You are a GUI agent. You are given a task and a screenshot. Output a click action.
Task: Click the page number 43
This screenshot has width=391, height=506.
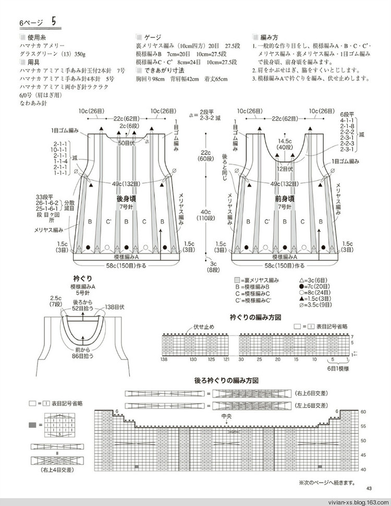(x=369, y=488)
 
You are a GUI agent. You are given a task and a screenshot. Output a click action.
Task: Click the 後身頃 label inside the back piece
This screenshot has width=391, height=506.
(x=127, y=199)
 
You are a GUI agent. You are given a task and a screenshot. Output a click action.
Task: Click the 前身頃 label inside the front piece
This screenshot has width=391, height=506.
(x=285, y=199)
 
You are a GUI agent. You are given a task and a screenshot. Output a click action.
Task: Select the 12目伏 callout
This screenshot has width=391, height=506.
(x=285, y=169)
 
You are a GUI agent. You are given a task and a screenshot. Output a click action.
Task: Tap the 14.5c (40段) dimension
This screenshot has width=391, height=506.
(x=285, y=144)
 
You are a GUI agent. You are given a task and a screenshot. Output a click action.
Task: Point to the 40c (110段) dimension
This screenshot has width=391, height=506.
(x=205, y=215)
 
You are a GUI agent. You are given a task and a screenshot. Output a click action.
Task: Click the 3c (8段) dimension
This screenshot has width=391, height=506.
(x=213, y=267)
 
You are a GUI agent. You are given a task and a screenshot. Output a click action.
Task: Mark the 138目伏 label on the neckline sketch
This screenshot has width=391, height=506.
(x=116, y=307)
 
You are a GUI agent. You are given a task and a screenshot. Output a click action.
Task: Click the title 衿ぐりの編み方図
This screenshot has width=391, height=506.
(x=256, y=317)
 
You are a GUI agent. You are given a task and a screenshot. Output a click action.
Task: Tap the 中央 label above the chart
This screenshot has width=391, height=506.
(x=226, y=416)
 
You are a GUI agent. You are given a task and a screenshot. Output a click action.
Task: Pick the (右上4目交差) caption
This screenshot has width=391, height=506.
(x=58, y=469)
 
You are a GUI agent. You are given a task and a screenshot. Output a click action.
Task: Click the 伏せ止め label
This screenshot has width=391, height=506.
(x=203, y=327)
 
